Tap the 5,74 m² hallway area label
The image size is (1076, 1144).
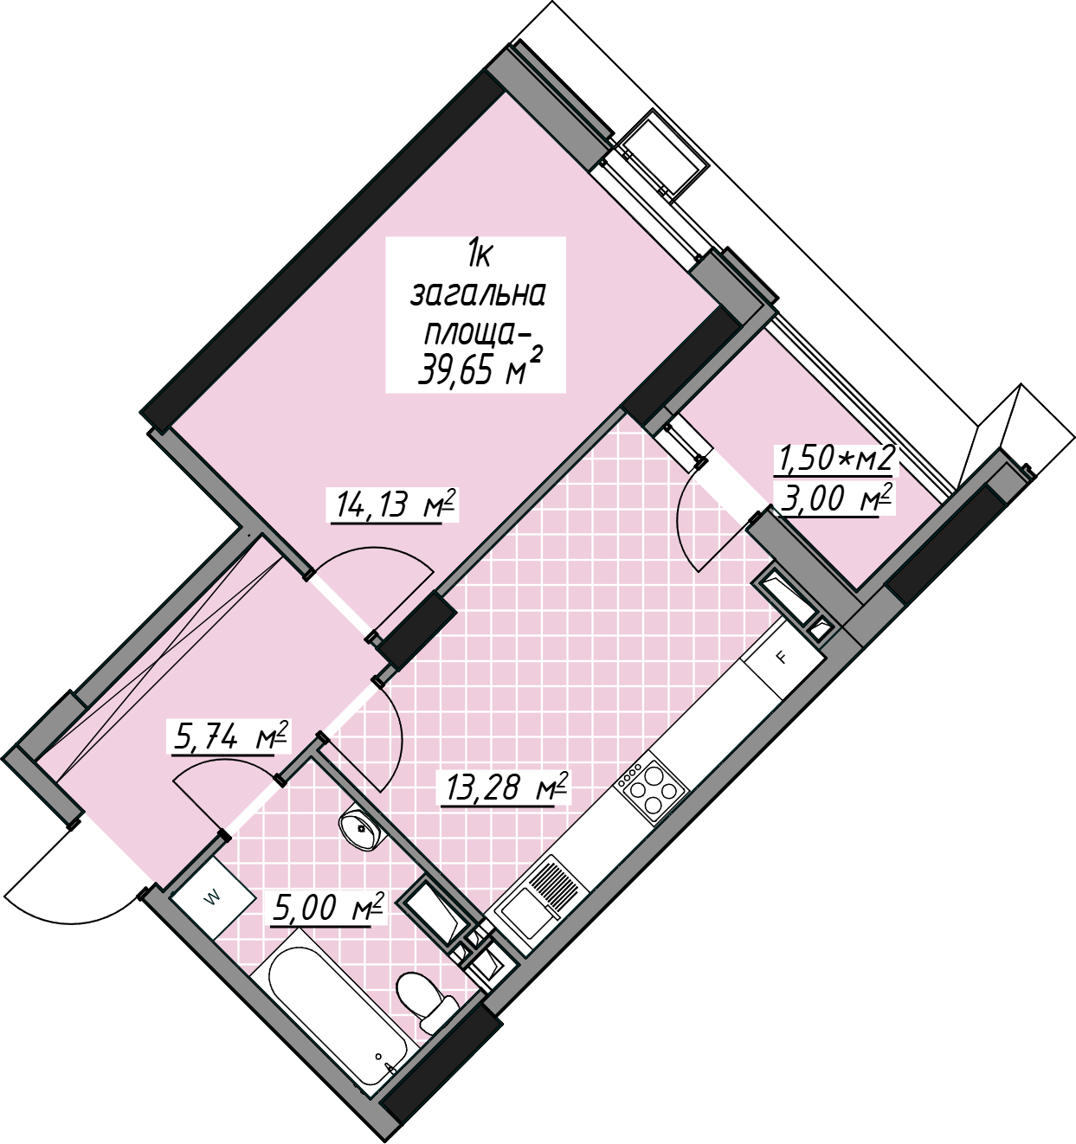click(230, 736)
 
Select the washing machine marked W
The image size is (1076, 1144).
click(213, 897)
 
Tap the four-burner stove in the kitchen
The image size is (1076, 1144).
click(651, 795)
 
